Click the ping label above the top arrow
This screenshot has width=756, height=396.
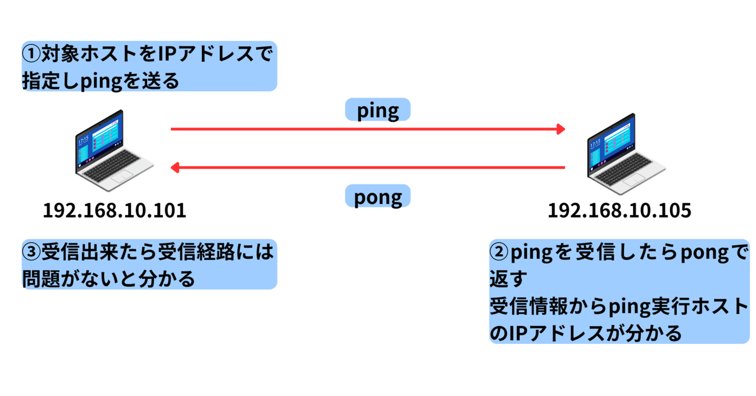click(377, 110)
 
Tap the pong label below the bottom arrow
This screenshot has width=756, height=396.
click(377, 196)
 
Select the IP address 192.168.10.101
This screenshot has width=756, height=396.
click(115, 210)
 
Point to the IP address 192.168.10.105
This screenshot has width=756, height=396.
click(620, 210)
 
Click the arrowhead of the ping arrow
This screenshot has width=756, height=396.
click(561, 129)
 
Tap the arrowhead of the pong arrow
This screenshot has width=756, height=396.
click(175, 168)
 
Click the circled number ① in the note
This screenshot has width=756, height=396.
click(31, 54)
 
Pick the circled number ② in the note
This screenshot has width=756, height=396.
click(499, 252)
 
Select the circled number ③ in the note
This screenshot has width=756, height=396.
click(31, 252)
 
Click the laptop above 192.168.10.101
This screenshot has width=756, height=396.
click(114, 151)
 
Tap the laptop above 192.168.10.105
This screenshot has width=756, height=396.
click(626, 154)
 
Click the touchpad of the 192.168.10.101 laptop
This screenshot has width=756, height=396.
click(122, 176)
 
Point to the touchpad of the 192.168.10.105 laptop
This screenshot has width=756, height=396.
click(634, 180)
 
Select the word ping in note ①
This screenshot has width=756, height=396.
click(101, 82)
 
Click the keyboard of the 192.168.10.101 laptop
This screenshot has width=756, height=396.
click(112, 166)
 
